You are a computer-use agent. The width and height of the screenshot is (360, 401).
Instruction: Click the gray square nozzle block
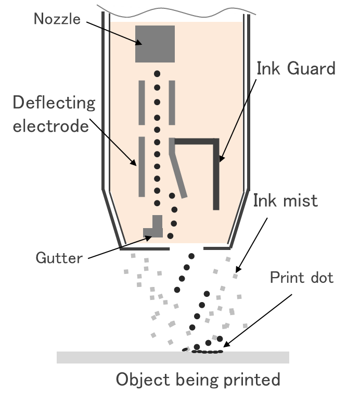(x=155, y=44)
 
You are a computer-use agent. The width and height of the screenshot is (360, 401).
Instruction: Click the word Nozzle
(x=57, y=19)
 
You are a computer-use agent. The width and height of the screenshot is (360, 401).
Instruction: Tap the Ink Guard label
(x=295, y=68)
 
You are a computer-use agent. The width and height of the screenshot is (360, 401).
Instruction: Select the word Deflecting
(x=54, y=103)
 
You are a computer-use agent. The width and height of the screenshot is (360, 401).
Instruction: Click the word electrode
(x=50, y=126)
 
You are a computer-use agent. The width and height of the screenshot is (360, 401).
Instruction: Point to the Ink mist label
(x=285, y=200)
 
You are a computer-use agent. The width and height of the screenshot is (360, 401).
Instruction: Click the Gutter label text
(x=59, y=257)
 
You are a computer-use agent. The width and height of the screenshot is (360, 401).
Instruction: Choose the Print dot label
(x=301, y=278)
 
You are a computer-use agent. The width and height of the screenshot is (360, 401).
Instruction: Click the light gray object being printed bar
(x=172, y=357)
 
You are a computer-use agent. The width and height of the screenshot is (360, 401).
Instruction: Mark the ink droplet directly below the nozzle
(x=157, y=74)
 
